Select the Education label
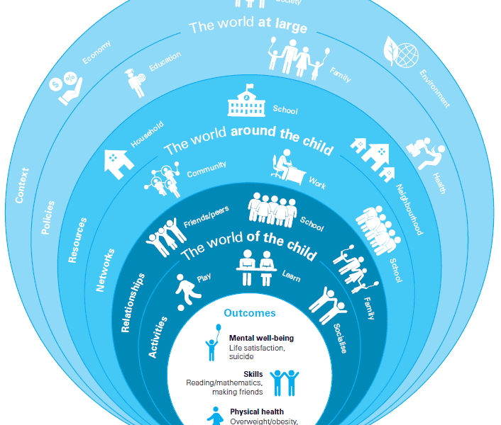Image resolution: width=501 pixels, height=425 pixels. click(x=165, y=62)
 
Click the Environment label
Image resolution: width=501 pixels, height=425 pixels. click(x=434, y=88)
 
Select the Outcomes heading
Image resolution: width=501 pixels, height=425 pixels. click(x=250, y=312)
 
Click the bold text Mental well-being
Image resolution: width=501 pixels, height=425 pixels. click(x=261, y=338)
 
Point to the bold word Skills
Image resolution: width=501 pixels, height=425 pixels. click(x=253, y=373)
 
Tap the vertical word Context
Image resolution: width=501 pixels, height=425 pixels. click(x=22, y=185)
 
